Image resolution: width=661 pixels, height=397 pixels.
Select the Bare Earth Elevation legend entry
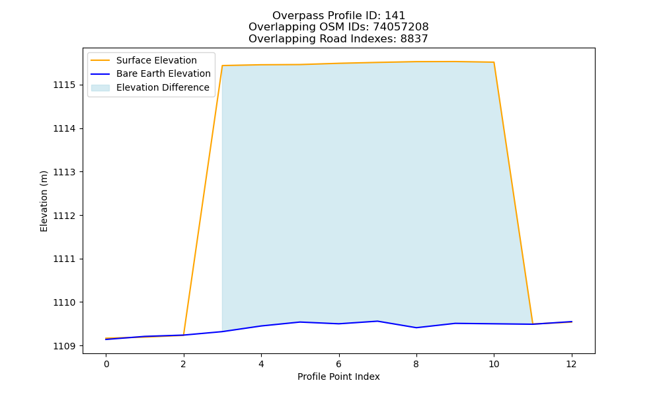[x=151, y=74]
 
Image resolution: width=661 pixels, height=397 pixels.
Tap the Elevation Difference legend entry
[x=150, y=88]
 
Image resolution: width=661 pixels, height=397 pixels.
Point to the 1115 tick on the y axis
[x=64, y=85]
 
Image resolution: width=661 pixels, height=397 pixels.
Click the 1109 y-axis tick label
[x=64, y=346]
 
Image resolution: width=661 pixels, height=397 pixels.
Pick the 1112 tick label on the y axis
[x=64, y=216]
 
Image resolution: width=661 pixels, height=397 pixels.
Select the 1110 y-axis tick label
[x=64, y=303]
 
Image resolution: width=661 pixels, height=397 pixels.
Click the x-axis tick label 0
[x=106, y=364]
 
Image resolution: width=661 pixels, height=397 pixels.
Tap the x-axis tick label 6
[x=338, y=364]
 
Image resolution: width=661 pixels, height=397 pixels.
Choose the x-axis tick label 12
[x=571, y=364]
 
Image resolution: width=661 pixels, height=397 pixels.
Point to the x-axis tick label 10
[x=494, y=364]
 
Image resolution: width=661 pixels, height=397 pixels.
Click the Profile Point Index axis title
[x=338, y=376]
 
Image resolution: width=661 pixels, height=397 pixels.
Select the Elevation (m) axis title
[x=44, y=201]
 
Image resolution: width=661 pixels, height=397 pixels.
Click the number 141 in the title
[x=395, y=16]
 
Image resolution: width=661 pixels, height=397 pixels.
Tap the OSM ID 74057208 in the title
[x=401, y=27]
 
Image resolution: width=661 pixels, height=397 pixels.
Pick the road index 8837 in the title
[x=414, y=39]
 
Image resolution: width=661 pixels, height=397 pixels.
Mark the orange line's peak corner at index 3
[x=222, y=66]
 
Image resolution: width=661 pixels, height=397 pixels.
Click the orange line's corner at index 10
[x=494, y=62]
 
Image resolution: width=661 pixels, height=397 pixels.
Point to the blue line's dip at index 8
[x=416, y=328]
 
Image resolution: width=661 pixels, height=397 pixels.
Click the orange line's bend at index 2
[x=183, y=335]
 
